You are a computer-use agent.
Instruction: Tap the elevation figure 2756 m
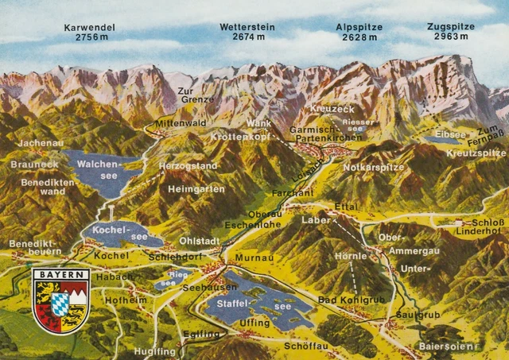(x=89, y=37)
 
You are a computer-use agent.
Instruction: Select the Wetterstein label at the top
(x=247, y=27)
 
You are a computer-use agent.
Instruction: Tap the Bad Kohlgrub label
(x=349, y=300)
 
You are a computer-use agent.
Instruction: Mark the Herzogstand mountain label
(x=188, y=166)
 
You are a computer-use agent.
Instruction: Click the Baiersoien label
(x=448, y=346)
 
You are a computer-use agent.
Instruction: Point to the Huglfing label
(x=154, y=350)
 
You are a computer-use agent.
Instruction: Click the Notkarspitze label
(x=374, y=168)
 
